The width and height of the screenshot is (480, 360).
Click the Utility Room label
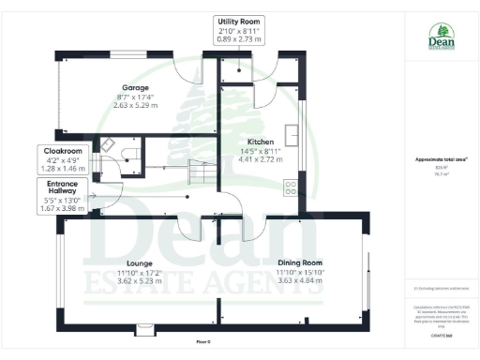[240, 22]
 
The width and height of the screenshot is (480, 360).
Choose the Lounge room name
[140, 263]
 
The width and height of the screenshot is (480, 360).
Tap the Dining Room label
[299, 262]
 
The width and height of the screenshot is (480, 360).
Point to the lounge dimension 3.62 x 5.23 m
[140, 281]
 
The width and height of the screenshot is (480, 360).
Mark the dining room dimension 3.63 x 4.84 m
[299, 281]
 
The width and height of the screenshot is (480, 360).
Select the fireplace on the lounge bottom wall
[146, 328]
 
